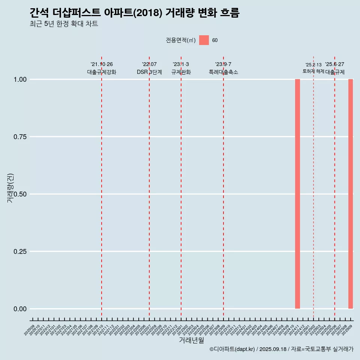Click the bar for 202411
click(297, 194)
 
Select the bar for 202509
click(351, 194)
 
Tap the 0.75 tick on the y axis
click(19, 137)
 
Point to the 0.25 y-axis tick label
click(19, 252)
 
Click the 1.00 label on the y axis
click(19, 79)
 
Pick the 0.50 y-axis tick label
click(19, 194)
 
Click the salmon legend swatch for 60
click(204, 40)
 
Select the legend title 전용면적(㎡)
click(181, 40)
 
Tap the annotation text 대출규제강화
click(102, 72)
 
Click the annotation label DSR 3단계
click(149, 72)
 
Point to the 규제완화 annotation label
click(181, 72)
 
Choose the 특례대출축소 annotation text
click(223, 72)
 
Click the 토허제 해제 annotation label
click(313, 71)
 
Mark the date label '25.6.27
click(334, 64)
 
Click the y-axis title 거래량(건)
click(10, 188)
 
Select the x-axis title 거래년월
click(192, 340)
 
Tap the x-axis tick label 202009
click(30, 330)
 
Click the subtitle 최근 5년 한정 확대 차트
click(64, 24)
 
